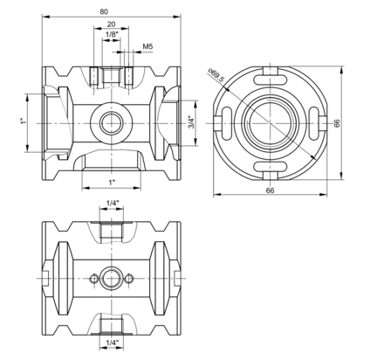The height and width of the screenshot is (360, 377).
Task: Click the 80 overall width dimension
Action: pyautogui.click(x=104, y=11)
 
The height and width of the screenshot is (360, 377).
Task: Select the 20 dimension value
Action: pyautogui.click(x=111, y=24)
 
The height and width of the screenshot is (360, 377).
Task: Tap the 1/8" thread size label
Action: pyautogui.click(x=112, y=34)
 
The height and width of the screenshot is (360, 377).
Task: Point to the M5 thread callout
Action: pyautogui.click(x=147, y=46)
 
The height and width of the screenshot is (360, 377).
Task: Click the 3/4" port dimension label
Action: pyautogui.click(x=191, y=122)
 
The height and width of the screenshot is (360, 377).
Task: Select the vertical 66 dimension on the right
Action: pyautogui.click(x=337, y=123)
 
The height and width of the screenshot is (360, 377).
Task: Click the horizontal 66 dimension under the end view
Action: pyautogui.click(x=270, y=190)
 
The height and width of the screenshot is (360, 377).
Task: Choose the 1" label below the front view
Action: pyautogui.click(x=112, y=183)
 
